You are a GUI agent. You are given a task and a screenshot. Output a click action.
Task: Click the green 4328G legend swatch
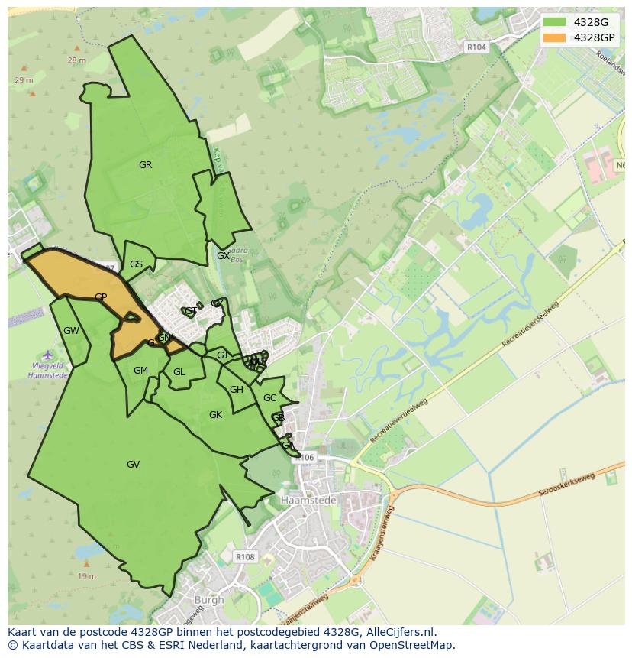click(x=555, y=22)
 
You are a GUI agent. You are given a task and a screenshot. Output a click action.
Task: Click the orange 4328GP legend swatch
click(x=555, y=37)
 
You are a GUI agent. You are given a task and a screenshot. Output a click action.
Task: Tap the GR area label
click(x=145, y=165)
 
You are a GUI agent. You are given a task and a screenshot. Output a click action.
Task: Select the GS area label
click(x=136, y=264)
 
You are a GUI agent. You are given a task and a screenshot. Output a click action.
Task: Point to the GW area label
click(x=71, y=331)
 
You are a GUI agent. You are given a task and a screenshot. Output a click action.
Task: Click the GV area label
click(x=133, y=464)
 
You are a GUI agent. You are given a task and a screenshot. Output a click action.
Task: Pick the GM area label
click(x=140, y=371)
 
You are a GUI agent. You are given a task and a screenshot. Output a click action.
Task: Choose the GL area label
click(x=179, y=372)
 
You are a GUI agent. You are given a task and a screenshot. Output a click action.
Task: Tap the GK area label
click(x=215, y=415)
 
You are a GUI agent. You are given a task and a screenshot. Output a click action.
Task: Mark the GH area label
click(x=237, y=390)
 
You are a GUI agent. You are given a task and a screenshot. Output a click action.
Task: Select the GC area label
click(x=269, y=398)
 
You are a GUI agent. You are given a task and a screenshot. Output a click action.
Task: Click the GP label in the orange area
click(x=101, y=297)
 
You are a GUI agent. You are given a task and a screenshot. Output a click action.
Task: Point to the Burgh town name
click(x=209, y=600)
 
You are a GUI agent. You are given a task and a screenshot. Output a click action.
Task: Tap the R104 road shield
click(x=476, y=47)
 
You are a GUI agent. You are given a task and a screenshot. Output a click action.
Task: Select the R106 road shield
click(x=305, y=458)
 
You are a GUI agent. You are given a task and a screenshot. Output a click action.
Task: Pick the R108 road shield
click(x=245, y=557)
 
